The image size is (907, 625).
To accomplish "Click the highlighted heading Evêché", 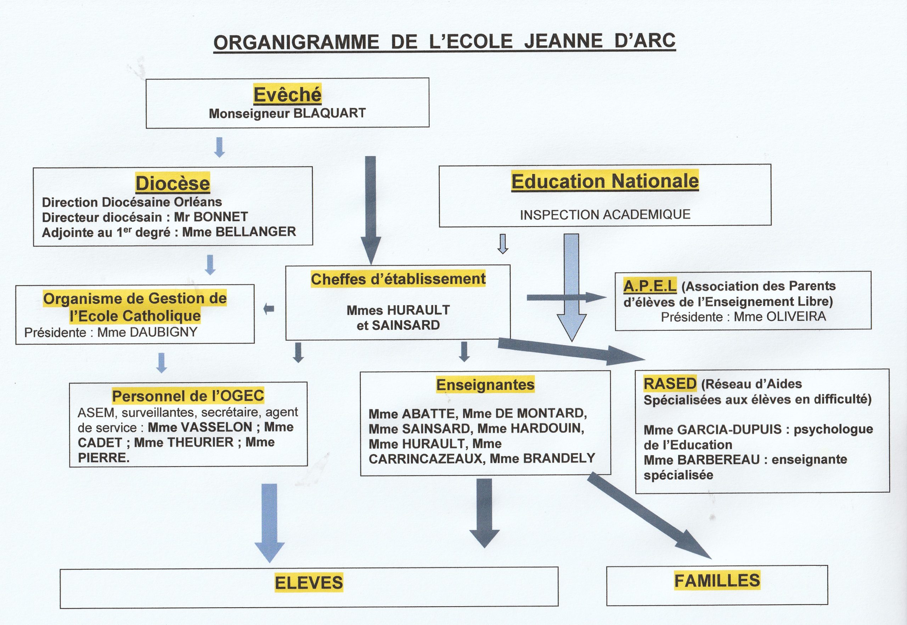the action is (288, 94).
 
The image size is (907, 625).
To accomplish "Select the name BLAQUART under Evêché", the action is (329, 113).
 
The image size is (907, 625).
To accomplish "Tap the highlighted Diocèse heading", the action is (173, 183).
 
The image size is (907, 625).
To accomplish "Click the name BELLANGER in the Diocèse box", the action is (256, 232).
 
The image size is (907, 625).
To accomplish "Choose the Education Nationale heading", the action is (605, 181).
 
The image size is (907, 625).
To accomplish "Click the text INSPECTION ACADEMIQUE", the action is (605, 214).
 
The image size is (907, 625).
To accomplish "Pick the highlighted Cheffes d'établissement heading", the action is (398, 279).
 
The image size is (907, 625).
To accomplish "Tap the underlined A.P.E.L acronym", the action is (650, 286).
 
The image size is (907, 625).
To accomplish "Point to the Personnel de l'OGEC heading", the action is (188, 396).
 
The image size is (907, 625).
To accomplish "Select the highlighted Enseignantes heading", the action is (485, 385).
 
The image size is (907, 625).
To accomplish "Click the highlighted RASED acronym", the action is (670, 383).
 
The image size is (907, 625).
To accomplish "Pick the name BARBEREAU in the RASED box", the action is (719, 460).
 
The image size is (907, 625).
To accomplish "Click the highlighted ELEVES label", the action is (309, 583).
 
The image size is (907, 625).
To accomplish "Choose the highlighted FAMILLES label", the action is (717, 580).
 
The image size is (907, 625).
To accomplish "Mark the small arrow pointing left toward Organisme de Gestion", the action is (269, 309).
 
